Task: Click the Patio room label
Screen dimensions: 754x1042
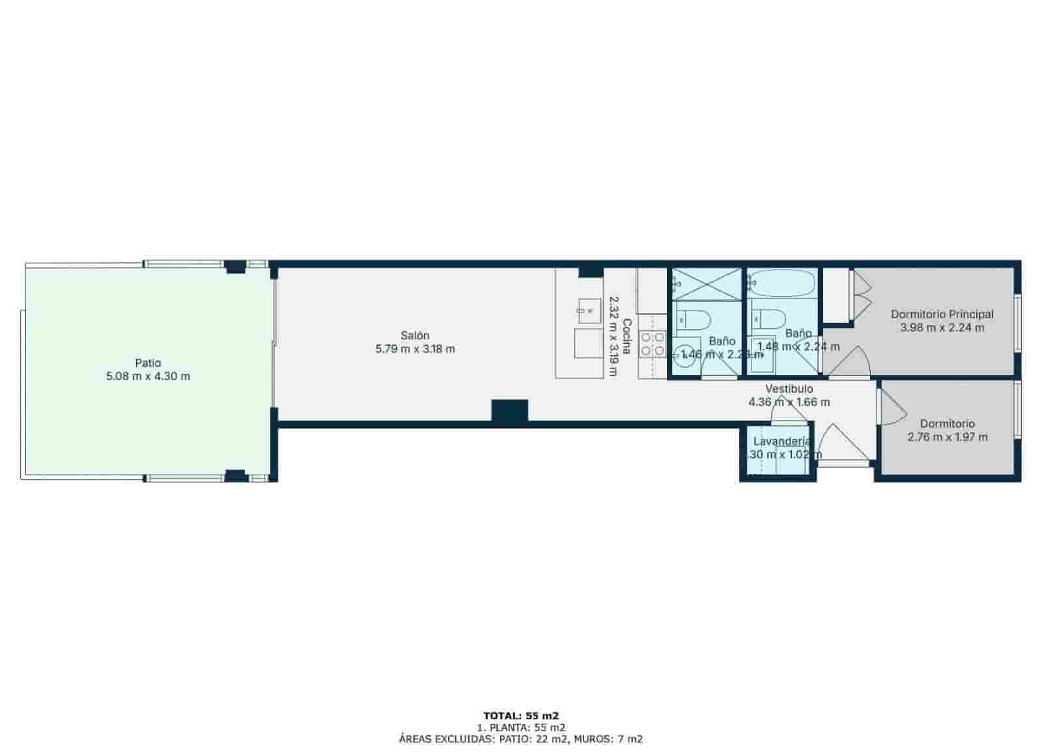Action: coord(148,363)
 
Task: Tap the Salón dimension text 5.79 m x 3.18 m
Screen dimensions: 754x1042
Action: coord(415,349)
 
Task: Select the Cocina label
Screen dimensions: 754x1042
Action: coord(627,336)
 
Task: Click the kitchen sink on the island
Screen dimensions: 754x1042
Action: coord(589,311)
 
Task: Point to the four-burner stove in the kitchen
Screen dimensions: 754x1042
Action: coord(653,344)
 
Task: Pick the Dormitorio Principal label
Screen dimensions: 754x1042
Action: coord(942,314)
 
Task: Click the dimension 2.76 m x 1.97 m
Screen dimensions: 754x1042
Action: coord(947,437)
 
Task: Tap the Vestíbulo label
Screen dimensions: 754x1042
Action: coord(789,389)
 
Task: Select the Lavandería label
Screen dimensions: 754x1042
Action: coord(781,441)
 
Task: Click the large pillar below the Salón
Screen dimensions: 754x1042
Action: coord(509,412)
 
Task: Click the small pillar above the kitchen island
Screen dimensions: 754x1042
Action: coord(591,271)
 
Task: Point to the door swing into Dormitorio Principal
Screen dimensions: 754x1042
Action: coord(853,362)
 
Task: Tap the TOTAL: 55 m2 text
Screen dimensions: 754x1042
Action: coord(521,715)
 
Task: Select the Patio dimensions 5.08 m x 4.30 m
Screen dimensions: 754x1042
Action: coord(148,376)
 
